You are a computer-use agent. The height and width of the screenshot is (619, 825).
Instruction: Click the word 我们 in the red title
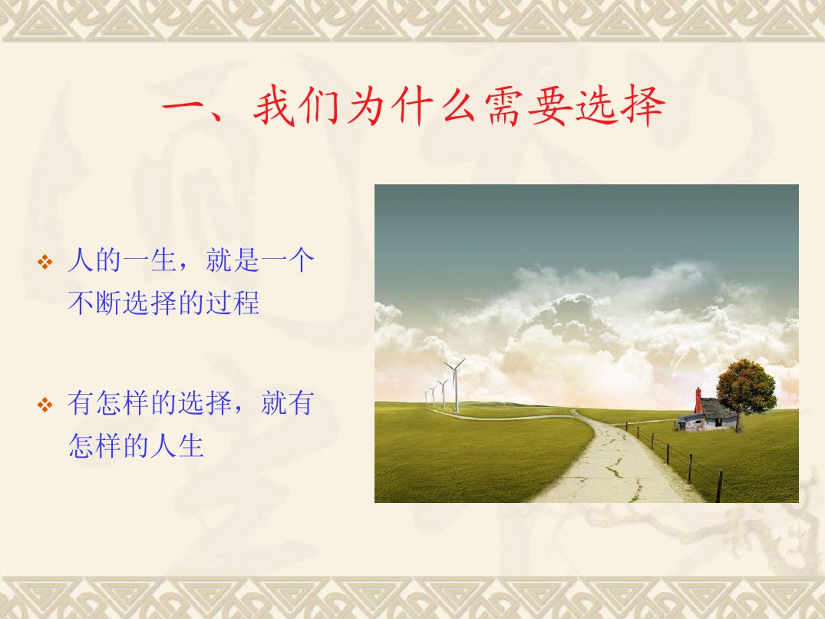click(x=298, y=106)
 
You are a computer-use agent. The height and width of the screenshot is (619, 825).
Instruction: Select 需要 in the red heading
click(x=528, y=106)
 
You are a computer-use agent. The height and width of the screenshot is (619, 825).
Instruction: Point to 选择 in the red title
click(x=620, y=106)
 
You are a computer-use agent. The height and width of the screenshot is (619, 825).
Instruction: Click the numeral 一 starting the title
click(x=184, y=106)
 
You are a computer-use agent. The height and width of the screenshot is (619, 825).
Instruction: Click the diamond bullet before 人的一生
click(x=45, y=262)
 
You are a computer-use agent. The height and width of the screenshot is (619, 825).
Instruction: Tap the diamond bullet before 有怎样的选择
click(x=45, y=405)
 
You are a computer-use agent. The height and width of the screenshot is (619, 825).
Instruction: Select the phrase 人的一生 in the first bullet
click(x=122, y=260)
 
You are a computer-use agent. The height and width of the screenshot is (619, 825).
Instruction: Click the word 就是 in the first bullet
click(x=232, y=260)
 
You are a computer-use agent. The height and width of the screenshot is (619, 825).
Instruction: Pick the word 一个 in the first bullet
click(x=287, y=260)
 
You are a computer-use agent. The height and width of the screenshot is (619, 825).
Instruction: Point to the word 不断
click(x=94, y=303)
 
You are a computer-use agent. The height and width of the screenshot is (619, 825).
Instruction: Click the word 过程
click(x=232, y=303)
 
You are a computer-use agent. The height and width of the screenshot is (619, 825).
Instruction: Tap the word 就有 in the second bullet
click(x=287, y=403)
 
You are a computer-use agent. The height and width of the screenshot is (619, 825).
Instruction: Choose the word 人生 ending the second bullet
click(x=177, y=446)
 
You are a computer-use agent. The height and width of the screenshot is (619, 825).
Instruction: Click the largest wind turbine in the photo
click(x=456, y=384)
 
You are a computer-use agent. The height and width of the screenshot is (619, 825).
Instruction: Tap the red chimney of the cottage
click(x=698, y=401)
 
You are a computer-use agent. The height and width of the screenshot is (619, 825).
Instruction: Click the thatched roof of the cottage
click(x=718, y=409)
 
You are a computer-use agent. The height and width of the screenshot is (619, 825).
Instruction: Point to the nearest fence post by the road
click(x=719, y=486)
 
